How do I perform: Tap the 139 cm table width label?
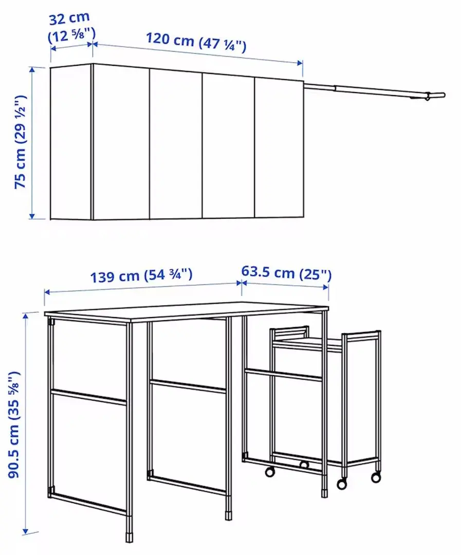click(x=141, y=275)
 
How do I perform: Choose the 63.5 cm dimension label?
click(x=286, y=272)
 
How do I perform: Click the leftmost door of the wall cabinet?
click(x=121, y=143)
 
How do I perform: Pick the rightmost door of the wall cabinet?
click(x=279, y=149)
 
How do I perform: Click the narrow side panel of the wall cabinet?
click(x=71, y=142)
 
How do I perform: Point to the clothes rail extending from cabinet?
click(x=370, y=90)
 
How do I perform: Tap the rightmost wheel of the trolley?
click(x=376, y=477)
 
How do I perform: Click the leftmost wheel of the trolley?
click(x=270, y=472)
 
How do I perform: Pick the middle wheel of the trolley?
click(x=342, y=484)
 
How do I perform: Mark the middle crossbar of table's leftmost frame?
click(x=88, y=397)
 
